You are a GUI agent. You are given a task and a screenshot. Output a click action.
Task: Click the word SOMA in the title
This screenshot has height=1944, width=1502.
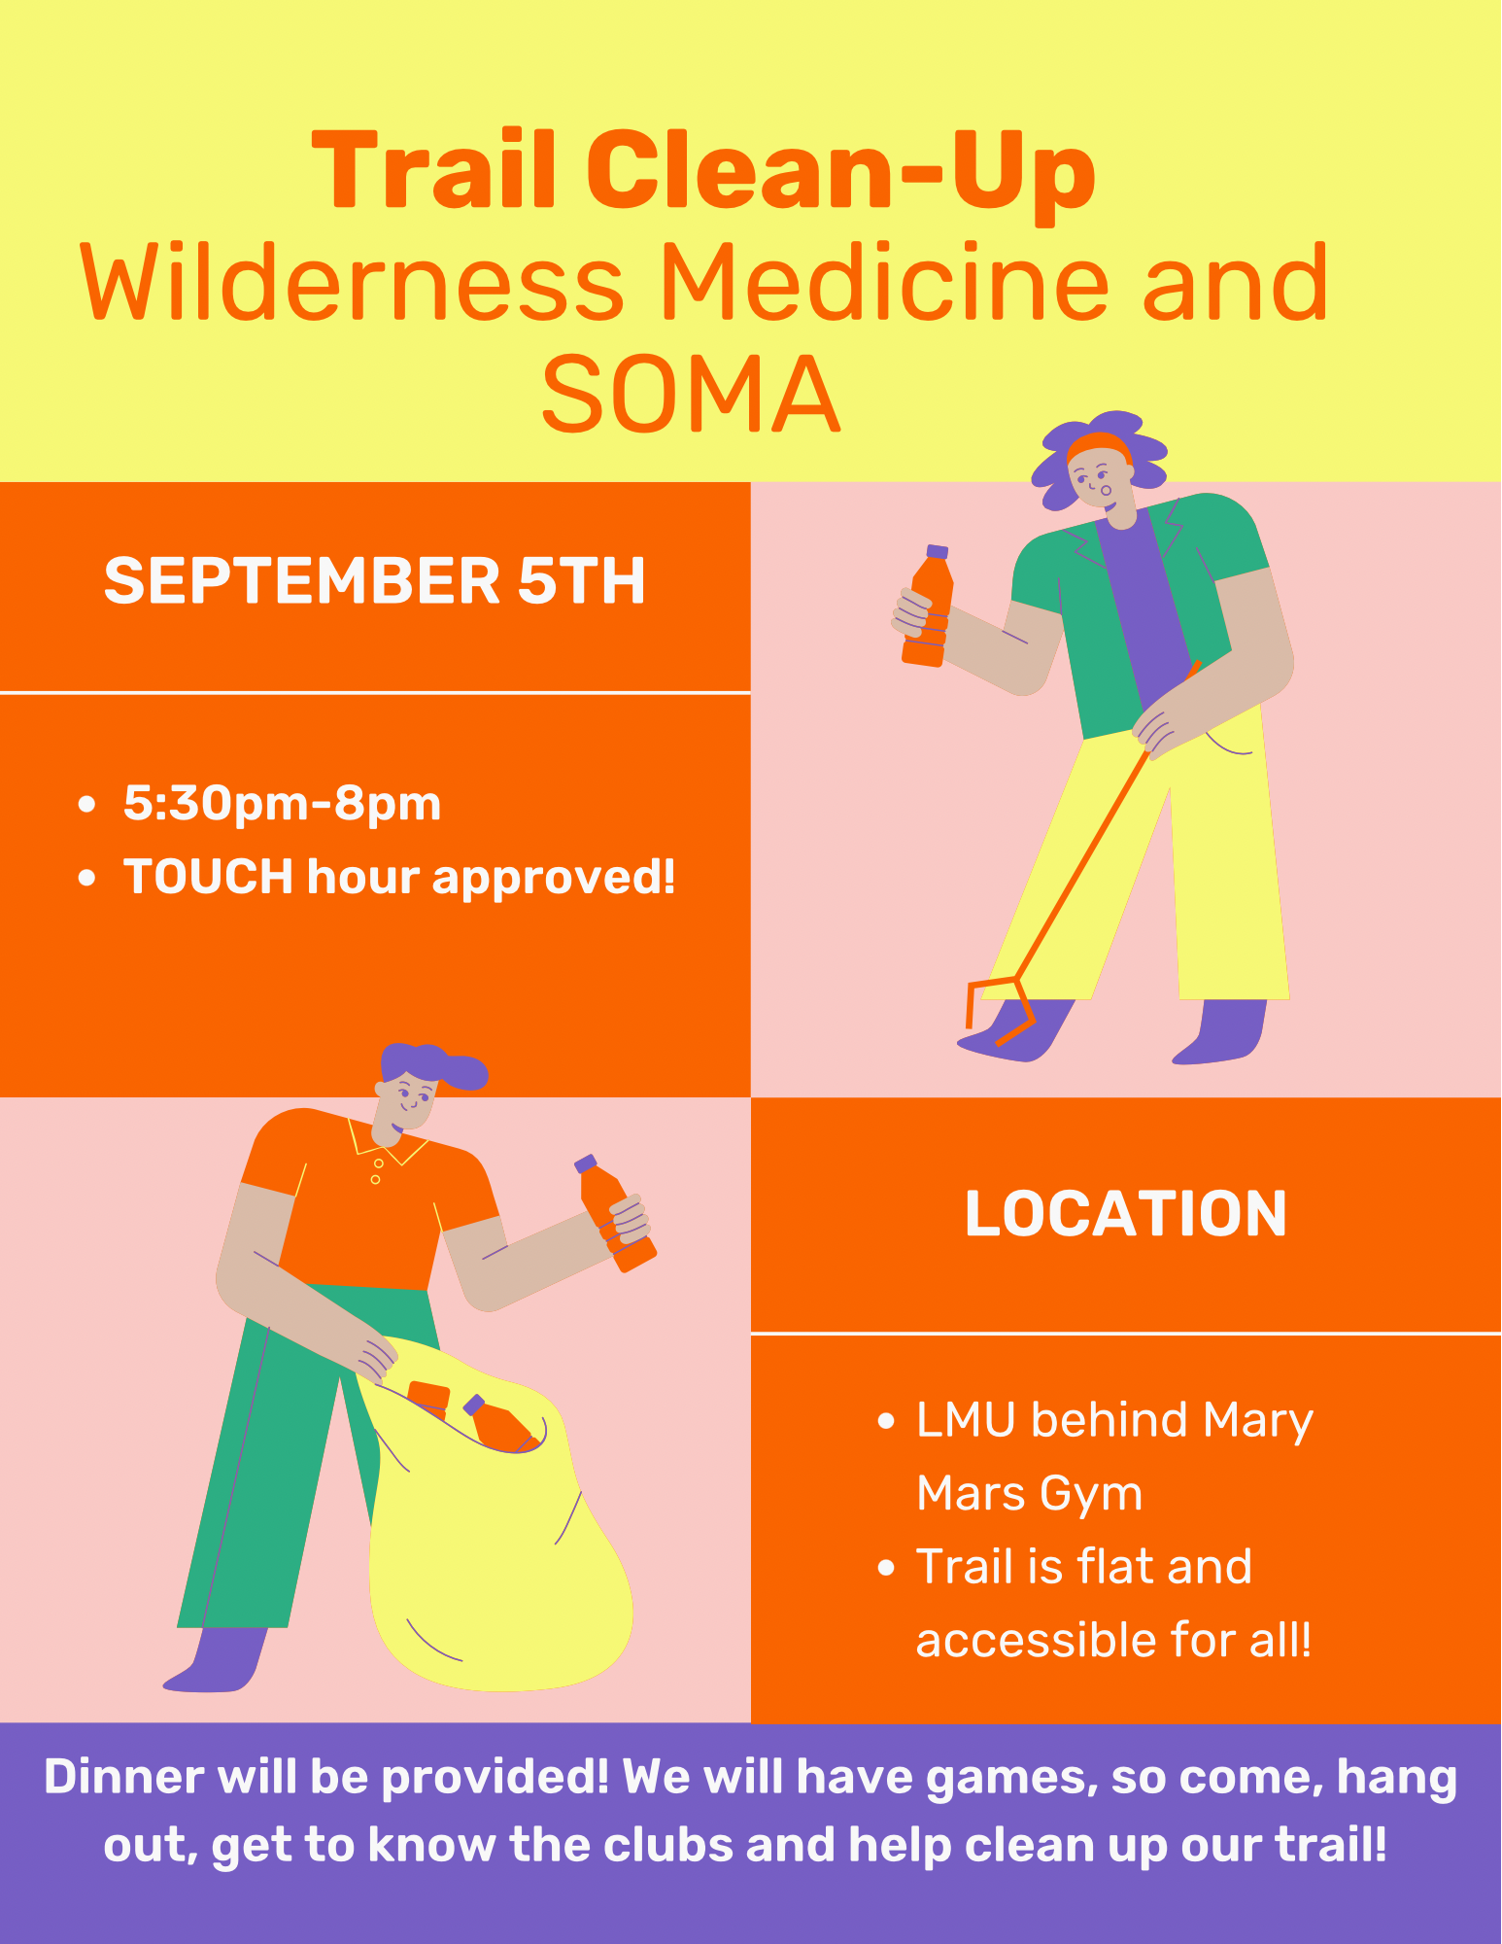690,394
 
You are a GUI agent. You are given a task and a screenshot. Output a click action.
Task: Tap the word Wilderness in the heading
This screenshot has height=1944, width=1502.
352,283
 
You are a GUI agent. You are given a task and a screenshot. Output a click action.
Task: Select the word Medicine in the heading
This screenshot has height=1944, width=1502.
885,283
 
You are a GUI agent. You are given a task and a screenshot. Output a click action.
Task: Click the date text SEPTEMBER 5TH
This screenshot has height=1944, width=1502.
375,580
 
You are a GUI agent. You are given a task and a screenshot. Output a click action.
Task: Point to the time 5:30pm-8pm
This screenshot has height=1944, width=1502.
282,805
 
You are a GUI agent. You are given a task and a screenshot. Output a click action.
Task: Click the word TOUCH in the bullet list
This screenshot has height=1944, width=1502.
208,876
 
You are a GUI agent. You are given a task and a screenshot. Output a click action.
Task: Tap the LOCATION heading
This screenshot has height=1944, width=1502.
1126,1214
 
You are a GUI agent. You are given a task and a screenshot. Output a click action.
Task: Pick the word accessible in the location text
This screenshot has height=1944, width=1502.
1037,1640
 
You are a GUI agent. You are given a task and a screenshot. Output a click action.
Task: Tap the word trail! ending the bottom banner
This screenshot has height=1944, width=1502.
1332,1844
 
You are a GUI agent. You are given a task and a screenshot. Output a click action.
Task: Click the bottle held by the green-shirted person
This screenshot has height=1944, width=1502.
928,606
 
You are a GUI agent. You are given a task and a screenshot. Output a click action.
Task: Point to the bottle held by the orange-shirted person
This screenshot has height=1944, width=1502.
615,1213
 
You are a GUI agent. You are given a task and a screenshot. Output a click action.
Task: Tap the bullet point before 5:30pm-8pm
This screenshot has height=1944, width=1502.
87,805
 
